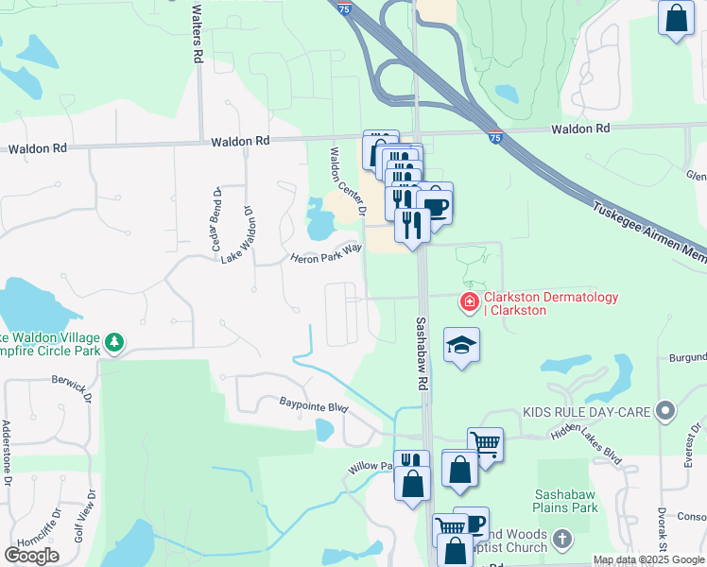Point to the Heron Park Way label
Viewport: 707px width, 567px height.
(x=326, y=253)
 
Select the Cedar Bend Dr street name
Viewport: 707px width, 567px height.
(x=216, y=225)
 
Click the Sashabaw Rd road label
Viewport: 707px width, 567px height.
(x=422, y=353)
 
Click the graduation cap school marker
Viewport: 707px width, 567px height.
(x=461, y=347)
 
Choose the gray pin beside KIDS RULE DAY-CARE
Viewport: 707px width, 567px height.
(x=667, y=412)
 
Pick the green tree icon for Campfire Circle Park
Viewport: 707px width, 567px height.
(x=114, y=341)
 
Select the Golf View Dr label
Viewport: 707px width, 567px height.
(x=92, y=512)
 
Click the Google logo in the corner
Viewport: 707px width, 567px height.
(x=32, y=556)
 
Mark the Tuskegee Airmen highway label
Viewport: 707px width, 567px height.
(x=647, y=235)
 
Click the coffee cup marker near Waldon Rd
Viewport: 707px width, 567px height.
(x=435, y=204)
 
